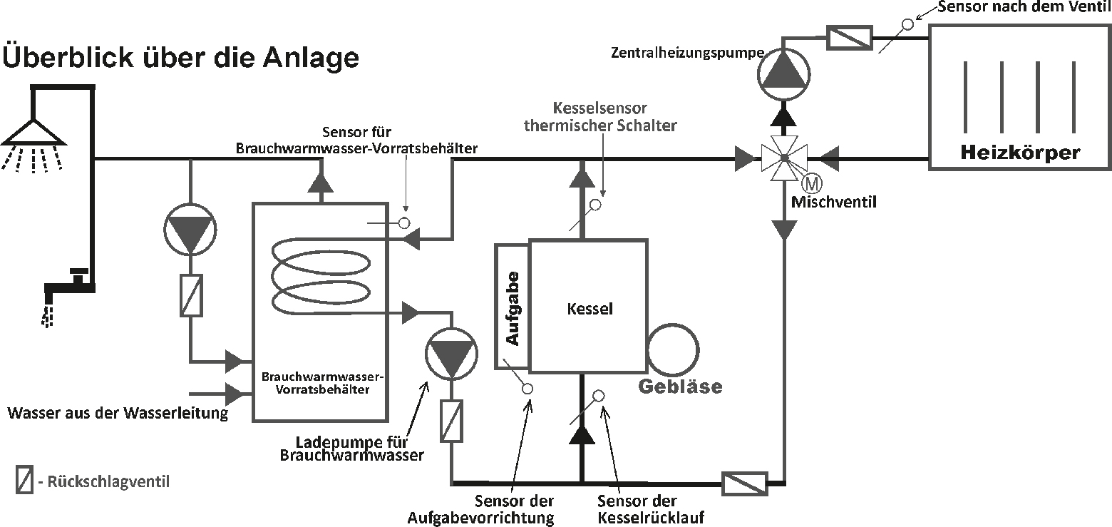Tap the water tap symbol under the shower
(68, 285)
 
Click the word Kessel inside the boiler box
(590, 309)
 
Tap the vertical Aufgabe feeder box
(512, 307)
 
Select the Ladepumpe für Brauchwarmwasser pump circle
(453, 352)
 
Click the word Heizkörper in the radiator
(1020, 152)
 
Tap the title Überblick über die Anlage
(181, 57)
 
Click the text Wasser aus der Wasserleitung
(118, 413)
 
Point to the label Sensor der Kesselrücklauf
(637, 508)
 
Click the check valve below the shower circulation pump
(190, 295)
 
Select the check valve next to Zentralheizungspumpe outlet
(849, 37)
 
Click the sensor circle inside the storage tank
(404, 223)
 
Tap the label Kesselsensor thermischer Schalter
(600, 117)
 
